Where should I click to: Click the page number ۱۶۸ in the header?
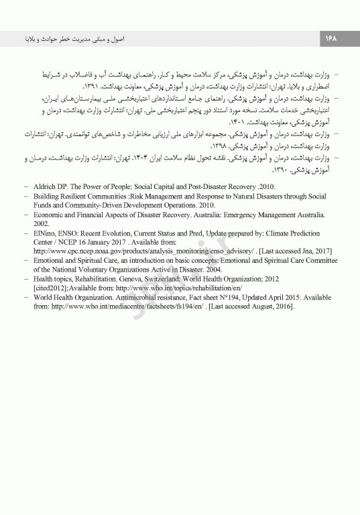pos(331,40)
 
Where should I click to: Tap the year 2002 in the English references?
pos(41,223)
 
